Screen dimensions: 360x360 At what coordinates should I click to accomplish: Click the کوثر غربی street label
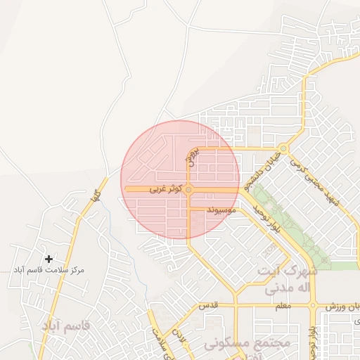click(166, 190)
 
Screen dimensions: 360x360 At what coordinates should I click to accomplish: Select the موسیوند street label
click(224, 210)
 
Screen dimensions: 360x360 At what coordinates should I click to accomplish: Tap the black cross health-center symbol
click(49, 259)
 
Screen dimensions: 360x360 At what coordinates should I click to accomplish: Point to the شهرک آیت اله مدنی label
click(288, 279)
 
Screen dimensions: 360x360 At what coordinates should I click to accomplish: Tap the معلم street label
click(282, 306)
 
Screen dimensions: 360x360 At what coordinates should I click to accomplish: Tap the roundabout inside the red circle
click(188, 190)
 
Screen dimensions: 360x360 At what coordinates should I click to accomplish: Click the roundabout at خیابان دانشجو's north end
click(283, 148)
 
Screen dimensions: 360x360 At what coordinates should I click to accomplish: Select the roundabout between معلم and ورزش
click(313, 306)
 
